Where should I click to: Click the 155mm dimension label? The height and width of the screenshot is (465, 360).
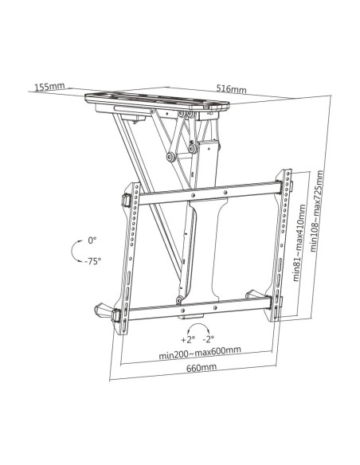pos(49,87)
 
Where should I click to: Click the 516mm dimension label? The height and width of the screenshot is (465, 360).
pos(231,88)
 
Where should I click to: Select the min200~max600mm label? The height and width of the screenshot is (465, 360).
pos(200,353)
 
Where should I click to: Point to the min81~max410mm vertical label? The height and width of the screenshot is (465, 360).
pos(299,242)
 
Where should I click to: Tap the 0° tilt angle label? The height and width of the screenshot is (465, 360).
pos(92,240)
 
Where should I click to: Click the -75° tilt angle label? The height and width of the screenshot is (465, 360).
pos(93,261)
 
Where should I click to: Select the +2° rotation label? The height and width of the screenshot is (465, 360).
pos(188,339)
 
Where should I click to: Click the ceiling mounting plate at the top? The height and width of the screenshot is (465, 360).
pos(157,100)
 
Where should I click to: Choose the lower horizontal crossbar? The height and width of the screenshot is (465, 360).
pos(199,308)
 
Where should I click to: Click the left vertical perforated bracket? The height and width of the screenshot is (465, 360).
pos(129,258)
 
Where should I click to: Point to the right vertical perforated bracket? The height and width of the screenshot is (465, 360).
pos(281,244)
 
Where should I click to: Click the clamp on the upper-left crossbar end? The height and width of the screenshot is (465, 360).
pos(126,201)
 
